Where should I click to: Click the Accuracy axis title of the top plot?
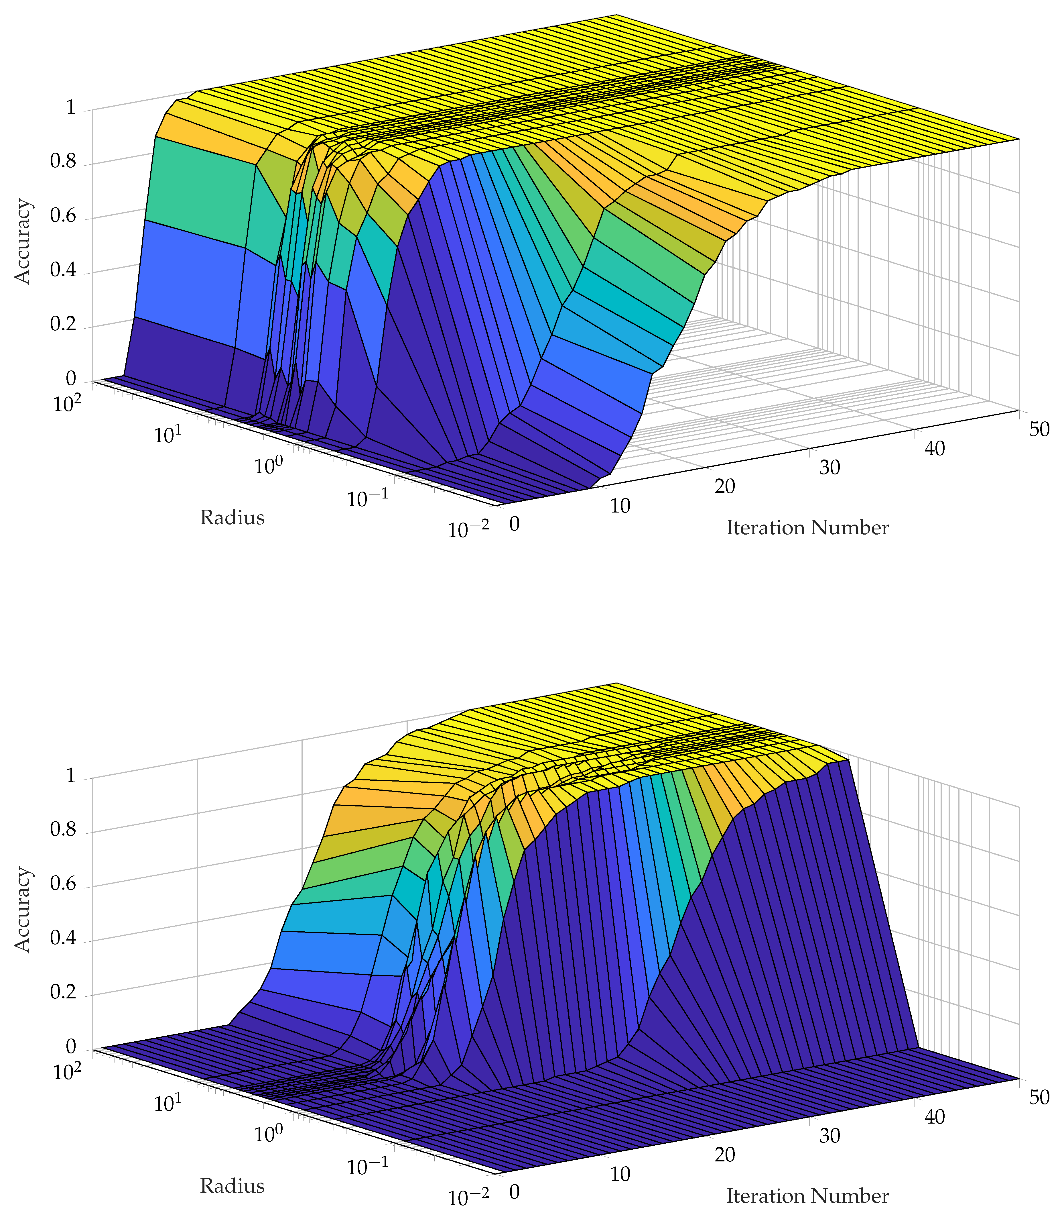click(x=23, y=242)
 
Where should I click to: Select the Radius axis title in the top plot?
click(x=232, y=518)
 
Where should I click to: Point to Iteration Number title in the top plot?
click(x=807, y=528)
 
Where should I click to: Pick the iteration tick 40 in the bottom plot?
click(x=935, y=1117)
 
